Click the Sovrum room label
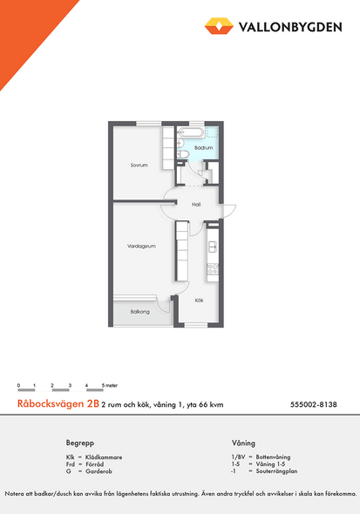point(139,166)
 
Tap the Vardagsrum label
point(141,247)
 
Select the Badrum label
point(203,148)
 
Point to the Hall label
point(196,205)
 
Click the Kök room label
point(199,301)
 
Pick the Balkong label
point(140,312)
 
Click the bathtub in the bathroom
point(191,132)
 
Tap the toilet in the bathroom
point(183,154)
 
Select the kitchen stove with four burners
point(213,269)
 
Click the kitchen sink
point(213,247)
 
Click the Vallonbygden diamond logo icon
point(219,26)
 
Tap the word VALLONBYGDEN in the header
point(290,27)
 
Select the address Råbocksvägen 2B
point(58,403)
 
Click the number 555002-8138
point(314,404)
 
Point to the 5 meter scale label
point(110,385)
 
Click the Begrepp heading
point(80,443)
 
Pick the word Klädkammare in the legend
point(104,457)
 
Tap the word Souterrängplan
point(276,471)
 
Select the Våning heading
point(243,443)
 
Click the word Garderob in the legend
point(98,471)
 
